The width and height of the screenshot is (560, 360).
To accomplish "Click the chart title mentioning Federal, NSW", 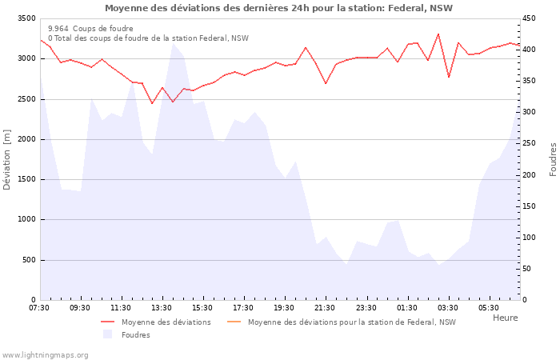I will pos(278,8).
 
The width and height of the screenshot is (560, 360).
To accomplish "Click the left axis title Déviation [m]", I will pos(8,159).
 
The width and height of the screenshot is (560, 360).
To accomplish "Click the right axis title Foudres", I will pos(553,159).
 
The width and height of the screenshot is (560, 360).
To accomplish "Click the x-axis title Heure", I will pos(505,318).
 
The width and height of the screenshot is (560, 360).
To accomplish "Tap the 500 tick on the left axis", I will pos(28,260).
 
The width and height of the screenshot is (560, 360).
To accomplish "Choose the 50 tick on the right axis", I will pos(528,269).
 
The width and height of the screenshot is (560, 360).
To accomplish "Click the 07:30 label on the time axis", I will pos(39,308).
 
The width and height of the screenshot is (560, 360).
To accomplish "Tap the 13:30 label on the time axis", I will pos(162,308).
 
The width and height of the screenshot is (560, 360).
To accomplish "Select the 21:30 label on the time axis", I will pos(325,308).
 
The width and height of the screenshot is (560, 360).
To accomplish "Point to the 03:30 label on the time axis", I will pos(447,308).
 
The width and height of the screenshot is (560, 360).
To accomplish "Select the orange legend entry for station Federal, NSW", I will pos(351,322).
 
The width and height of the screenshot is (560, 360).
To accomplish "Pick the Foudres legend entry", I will pos(135,335).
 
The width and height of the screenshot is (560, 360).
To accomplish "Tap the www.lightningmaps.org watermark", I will pos(46,354).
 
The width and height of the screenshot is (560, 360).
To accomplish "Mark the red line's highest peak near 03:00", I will pos(438,34).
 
